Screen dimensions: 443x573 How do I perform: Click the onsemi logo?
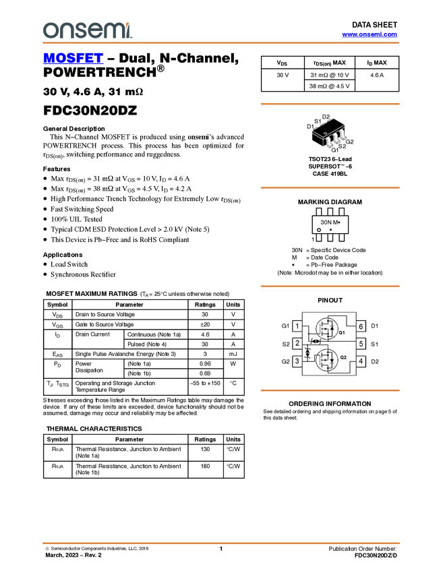(88, 30)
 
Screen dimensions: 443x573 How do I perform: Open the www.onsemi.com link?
(370, 34)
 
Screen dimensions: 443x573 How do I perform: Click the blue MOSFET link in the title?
(73, 58)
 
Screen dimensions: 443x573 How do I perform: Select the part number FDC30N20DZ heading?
(90, 111)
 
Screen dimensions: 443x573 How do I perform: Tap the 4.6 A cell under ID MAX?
(377, 75)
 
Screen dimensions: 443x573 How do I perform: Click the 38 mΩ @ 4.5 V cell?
(329, 86)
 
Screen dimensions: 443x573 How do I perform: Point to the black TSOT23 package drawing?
(328, 134)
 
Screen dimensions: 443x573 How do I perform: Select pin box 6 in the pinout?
(361, 326)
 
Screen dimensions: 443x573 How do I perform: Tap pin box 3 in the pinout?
(297, 361)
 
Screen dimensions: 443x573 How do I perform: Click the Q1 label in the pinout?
(342, 332)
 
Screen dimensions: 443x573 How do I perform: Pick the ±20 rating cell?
(205, 324)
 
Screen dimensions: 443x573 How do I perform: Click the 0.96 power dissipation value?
(205, 363)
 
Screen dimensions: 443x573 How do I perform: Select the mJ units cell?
(233, 354)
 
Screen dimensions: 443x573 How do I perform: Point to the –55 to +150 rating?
(206, 384)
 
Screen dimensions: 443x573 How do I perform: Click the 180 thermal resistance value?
(205, 466)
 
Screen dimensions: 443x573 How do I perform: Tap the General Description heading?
(74, 129)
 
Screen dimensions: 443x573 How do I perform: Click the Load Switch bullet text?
(69, 264)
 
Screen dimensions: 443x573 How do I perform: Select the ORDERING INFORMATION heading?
(330, 404)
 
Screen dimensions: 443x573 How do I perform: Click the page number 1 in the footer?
(220, 549)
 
